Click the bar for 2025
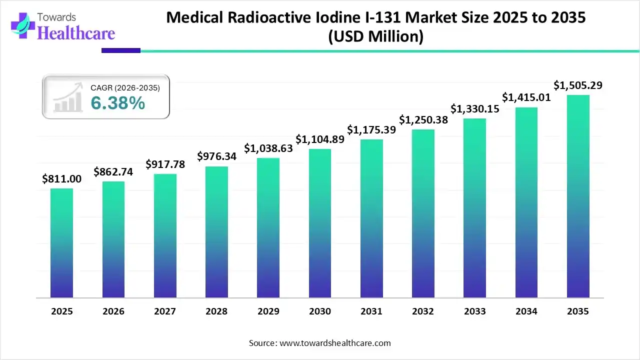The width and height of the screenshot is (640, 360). tap(61, 243)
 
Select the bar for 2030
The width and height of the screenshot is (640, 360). tap(320, 223)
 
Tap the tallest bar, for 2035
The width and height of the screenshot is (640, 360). tap(578, 196)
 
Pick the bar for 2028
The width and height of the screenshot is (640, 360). tap(216, 232)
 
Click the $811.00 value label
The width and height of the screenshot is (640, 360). tap(61, 178)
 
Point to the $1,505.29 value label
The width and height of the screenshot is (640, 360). tap(578, 85)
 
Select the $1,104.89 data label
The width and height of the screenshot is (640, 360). tap(320, 139)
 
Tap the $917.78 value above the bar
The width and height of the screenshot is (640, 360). tap(165, 164)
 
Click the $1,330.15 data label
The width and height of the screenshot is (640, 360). tap(475, 108)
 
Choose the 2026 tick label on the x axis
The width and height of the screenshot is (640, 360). tap(113, 311)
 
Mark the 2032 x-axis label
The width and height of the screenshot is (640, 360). tap(423, 311)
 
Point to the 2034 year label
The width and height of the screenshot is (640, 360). tap(526, 311)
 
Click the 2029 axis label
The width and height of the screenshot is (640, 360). tap(268, 311)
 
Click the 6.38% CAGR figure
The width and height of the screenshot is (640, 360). tap(118, 103)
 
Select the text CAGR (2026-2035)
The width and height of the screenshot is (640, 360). tap(125, 88)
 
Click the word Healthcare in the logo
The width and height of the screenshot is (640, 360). tap(76, 33)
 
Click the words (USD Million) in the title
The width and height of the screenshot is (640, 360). tap(375, 36)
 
